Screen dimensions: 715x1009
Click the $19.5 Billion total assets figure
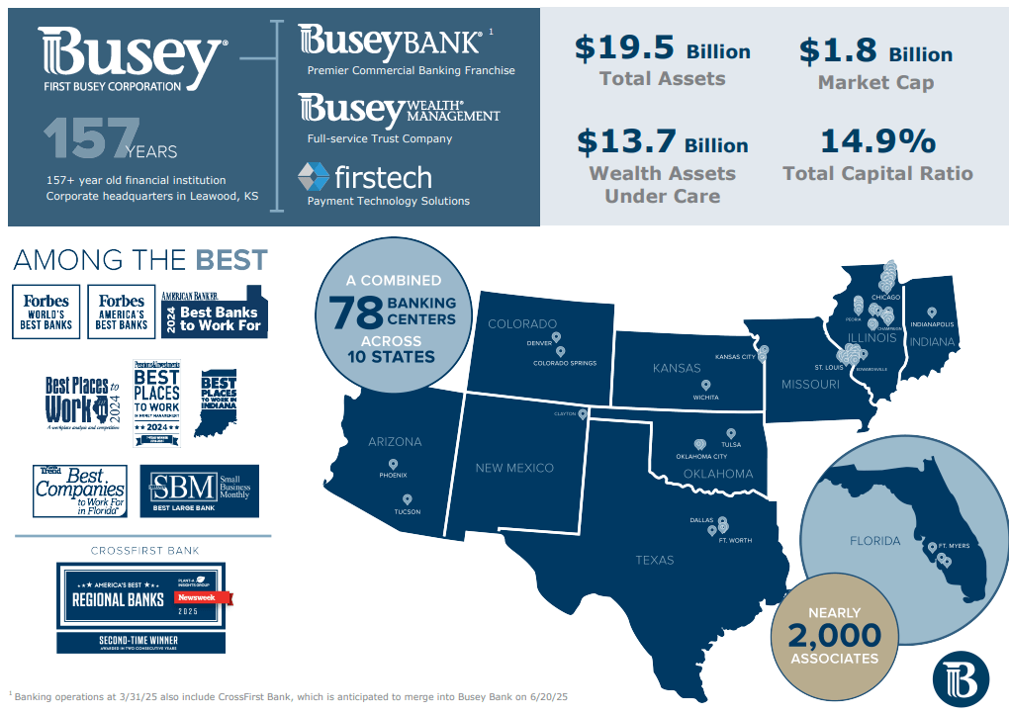[x=662, y=48]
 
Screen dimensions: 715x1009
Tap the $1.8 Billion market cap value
[x=875, y=51]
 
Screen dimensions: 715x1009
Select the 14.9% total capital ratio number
[x=877, y=141]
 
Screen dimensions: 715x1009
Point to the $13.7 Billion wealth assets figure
[x=662, y=143]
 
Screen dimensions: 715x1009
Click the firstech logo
[x=365, y=177]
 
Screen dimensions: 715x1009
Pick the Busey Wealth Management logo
[x=399, y=111]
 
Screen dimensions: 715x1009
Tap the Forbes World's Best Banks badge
[x=46, y=312]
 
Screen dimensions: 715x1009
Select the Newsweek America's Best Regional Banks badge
[x=140, y=597]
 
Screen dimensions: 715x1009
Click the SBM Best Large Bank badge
[x=199, y=491]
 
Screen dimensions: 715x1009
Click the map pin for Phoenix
[x=393, y=464]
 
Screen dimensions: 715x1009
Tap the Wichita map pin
[x=705, y=386]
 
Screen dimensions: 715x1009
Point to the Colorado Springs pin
[x=560, y=351]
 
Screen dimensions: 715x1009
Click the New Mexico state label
[x=514, y=468]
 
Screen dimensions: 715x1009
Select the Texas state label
[x=655, y=560]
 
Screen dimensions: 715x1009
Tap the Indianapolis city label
[x=932, y=324]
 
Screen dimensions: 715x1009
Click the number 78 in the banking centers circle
[x=354, y=313]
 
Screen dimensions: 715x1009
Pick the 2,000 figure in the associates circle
[x=834, y=633]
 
